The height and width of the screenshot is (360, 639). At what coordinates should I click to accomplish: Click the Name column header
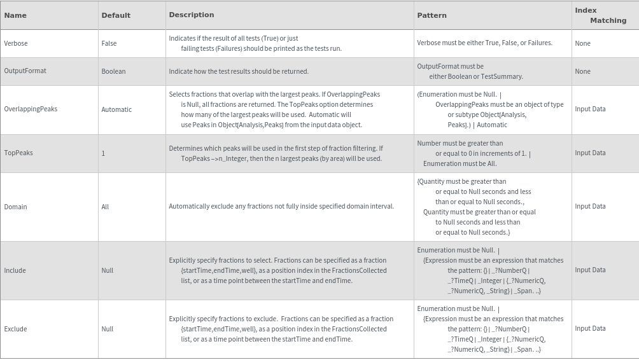click(15, 15)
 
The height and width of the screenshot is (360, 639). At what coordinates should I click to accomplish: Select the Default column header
click(116, 15)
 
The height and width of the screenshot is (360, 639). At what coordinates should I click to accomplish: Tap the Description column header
click(192, 15)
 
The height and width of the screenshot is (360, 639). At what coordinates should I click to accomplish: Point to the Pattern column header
click(432, 15)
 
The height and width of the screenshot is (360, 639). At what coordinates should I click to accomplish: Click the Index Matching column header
click(600, 15)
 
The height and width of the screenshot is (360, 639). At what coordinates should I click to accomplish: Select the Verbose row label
click(16, 43)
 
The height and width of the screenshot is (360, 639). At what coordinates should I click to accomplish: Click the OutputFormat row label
click(25, 71)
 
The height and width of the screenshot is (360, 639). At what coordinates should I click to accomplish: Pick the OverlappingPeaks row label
click(31, 109)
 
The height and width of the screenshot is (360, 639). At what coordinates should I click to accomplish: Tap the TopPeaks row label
click(18, 153)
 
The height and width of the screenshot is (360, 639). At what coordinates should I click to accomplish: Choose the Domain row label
click(16, 207)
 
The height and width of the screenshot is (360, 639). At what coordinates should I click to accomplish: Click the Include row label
click(15, 270)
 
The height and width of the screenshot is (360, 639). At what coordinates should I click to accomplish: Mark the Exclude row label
click(16, 329)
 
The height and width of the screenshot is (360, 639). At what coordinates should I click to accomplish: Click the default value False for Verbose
click(109, 43)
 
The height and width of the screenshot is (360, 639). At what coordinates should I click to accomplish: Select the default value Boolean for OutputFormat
click(113, 71)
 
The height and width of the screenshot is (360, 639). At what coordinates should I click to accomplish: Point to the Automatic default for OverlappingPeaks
click(116, 109)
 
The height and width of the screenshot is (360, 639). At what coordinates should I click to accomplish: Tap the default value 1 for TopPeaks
click(103, 153)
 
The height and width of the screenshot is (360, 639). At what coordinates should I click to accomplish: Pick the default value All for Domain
click(105, 207)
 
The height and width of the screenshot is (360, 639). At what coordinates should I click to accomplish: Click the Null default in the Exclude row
click(107, 329)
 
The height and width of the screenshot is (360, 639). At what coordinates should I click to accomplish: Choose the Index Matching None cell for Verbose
click(582, 43)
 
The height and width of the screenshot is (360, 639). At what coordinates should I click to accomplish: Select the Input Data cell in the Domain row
click(590, 206)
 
